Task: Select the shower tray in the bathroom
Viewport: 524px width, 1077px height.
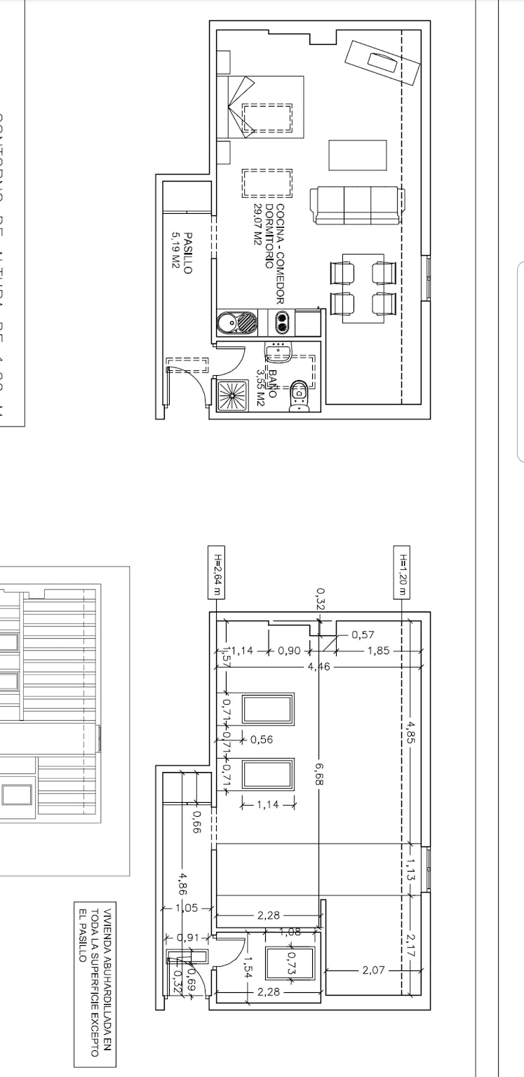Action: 231,396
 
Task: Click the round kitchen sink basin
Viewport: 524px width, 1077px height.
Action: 228,323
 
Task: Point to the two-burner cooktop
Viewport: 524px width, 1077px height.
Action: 281,322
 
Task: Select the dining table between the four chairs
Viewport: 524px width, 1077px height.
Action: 363,287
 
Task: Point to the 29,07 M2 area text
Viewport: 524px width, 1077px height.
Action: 257,224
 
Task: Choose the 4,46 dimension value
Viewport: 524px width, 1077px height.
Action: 318,665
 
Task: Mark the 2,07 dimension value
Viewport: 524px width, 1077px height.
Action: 372,970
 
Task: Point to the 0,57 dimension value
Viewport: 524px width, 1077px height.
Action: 363,635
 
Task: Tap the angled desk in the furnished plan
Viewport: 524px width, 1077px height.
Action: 382,62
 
